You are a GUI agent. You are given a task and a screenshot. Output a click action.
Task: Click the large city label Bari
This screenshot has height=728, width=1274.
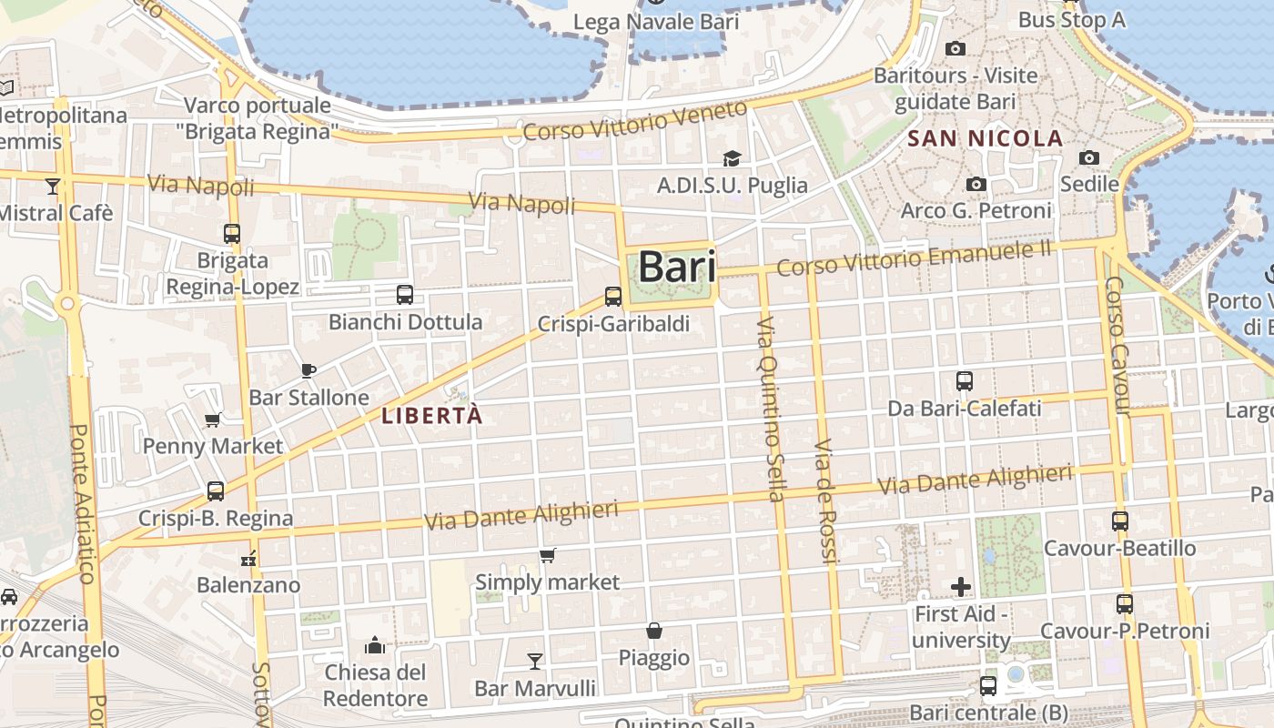[676, 268]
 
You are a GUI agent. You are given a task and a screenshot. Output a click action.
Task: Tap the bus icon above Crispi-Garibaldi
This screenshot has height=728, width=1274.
[613, 296]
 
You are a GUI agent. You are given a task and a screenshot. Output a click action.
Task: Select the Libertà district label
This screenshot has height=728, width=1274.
[432, 416]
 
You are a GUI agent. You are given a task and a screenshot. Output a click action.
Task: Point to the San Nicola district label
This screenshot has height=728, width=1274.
[986, 138]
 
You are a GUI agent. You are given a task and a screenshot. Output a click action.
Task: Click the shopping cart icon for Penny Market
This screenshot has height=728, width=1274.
[213, 419]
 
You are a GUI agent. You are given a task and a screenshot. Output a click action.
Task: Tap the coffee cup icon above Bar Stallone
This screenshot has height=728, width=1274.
[308, 369]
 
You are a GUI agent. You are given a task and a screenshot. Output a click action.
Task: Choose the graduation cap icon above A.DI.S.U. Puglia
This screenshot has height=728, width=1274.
[732, 159]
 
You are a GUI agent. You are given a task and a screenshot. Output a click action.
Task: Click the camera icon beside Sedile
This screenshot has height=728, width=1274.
[1089, 157]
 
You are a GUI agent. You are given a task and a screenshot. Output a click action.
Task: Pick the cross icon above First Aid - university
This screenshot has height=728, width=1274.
[961, 587]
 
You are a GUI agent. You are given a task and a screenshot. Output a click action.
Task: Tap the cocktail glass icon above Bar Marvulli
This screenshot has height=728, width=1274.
[535, 661]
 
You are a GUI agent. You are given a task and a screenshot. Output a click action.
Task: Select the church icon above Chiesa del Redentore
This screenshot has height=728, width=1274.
[375, 645]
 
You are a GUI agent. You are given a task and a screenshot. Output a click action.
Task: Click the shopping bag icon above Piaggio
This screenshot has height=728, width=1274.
[653, 630]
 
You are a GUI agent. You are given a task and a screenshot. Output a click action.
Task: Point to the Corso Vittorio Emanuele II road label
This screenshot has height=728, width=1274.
[914, 258]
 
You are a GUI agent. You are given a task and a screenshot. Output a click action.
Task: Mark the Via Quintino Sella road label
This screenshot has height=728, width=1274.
[770, 409]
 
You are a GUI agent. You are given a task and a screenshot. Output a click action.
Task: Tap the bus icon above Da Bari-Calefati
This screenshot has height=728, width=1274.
[965, 381]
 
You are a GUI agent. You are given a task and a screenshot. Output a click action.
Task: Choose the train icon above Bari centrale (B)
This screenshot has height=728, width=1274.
[988, 685]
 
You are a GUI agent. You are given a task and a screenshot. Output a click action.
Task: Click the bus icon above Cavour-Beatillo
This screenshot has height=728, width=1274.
[1120, 521]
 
